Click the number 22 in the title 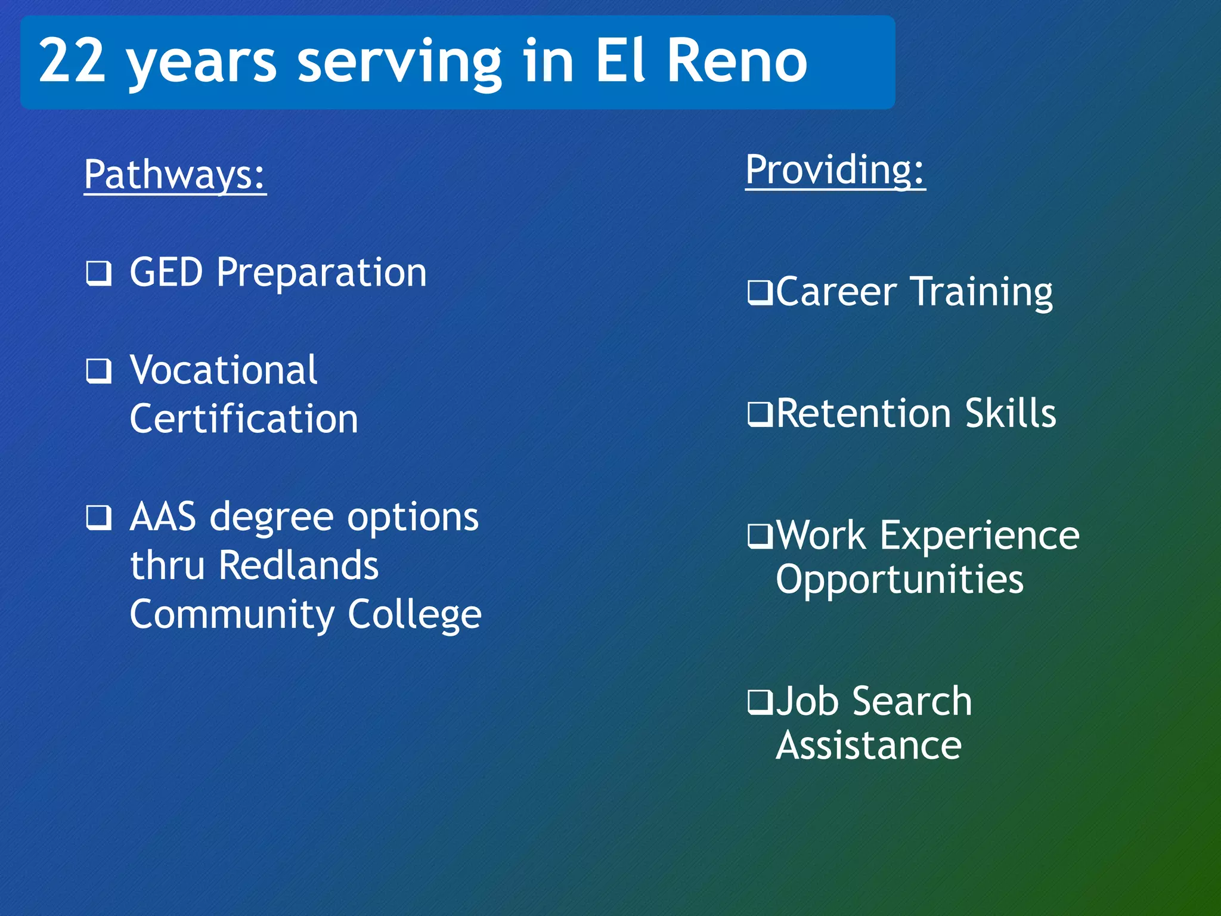(x=72, y=60)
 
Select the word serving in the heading (x=400, y=63)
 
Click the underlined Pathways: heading (x=175, y=175)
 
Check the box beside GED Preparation (x=98, y=274)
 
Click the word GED (x=166, y=273)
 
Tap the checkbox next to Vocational (x=98, y=371)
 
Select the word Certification (x=244, y=419)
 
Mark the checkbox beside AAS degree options (x=98, y=517)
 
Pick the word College (x=414, y=615)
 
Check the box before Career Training (x=761, y=293)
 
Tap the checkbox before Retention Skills (x=761, y=414)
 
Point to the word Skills (x=1011, y=413)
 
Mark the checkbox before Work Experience (x=761, y=536)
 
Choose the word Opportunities (x=899, y=580)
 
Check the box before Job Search (x=761, y=702)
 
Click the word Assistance (x=869, y=745)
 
